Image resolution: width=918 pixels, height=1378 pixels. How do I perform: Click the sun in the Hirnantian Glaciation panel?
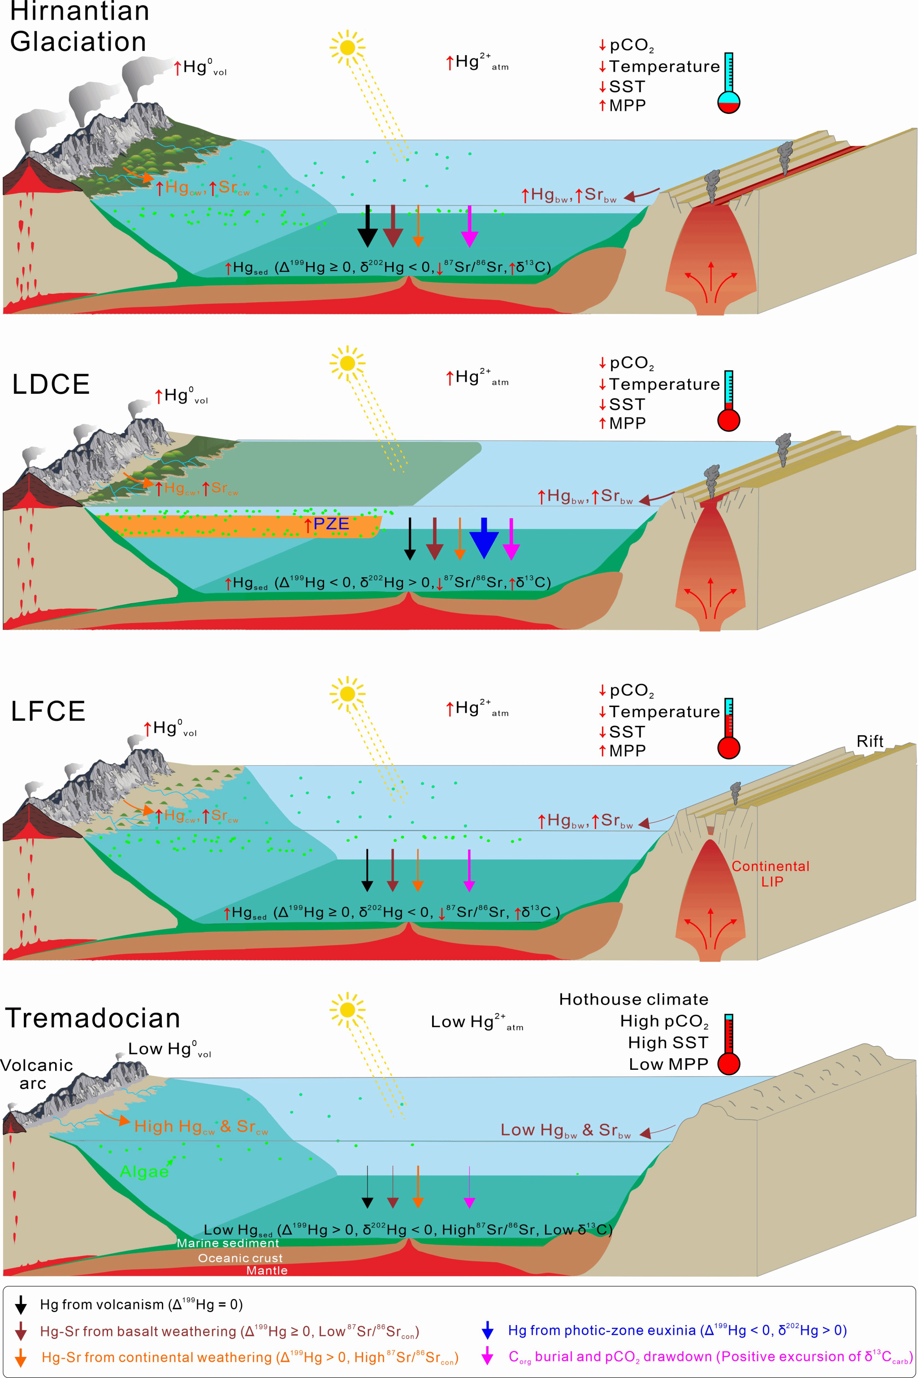coord(347,47)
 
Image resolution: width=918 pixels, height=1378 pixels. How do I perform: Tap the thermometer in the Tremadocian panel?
coord(729,1045)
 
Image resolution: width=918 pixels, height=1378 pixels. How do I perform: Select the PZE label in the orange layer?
coord(331,524)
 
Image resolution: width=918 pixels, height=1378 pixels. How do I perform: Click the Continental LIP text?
coord(771,873)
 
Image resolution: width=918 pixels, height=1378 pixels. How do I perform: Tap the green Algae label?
coord(144,1171)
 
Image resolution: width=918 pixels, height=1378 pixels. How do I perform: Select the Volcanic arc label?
coord(36,1074)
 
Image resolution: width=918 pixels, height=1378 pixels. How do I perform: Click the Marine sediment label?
coord(228,1243)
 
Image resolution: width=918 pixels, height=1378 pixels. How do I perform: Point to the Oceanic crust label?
coord(240,1258)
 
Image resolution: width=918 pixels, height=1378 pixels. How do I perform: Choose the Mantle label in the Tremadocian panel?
coord(267,1270)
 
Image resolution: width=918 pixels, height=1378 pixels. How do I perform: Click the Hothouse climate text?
coord(633,999)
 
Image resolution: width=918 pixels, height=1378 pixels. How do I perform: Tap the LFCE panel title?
coord(48,711)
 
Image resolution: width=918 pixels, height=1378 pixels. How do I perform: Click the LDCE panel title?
coord(51,384)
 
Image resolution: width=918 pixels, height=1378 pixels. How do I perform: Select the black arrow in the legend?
coord(21,1304)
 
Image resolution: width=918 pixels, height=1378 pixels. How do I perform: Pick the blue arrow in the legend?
coord(487,1330)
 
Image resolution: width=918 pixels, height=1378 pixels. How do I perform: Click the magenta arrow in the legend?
coord(487,1356)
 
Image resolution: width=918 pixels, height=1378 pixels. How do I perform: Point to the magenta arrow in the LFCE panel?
coord(469,870)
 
